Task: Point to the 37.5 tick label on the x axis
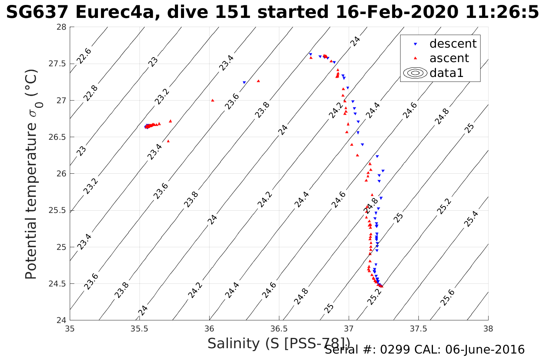pos(418,328)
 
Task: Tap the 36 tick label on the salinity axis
pos(209,328)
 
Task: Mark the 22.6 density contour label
pos(83,56)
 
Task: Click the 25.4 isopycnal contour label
pos(471,219)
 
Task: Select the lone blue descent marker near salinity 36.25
pos(244,83)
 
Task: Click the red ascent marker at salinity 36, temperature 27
pos(213,100)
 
